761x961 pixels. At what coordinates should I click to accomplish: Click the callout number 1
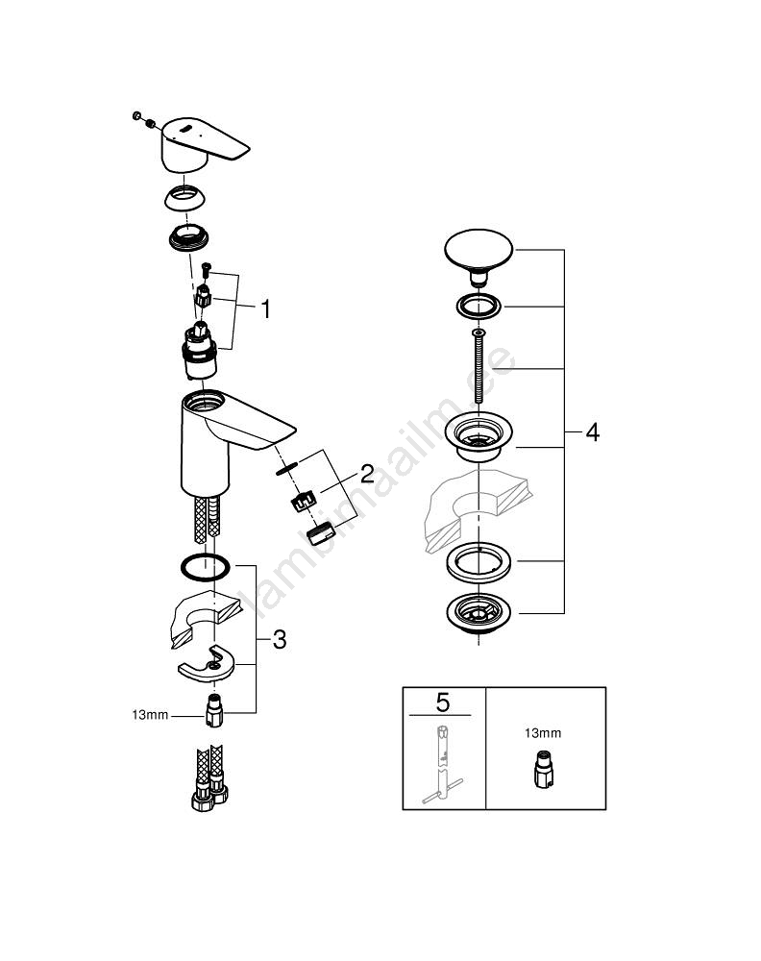265,308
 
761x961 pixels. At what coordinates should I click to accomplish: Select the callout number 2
366,473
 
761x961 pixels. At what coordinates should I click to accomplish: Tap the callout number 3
280,640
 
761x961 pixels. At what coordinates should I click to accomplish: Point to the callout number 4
592,432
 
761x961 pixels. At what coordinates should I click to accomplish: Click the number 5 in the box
442,702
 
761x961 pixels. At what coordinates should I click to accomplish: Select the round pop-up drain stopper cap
479,258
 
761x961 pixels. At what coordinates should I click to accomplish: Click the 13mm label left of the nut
150,715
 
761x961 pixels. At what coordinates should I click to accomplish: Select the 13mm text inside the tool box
542,733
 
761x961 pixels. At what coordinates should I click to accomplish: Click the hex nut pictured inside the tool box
543,769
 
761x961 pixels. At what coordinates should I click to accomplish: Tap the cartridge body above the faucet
200,351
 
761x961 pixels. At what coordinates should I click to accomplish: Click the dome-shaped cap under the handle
184,197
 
